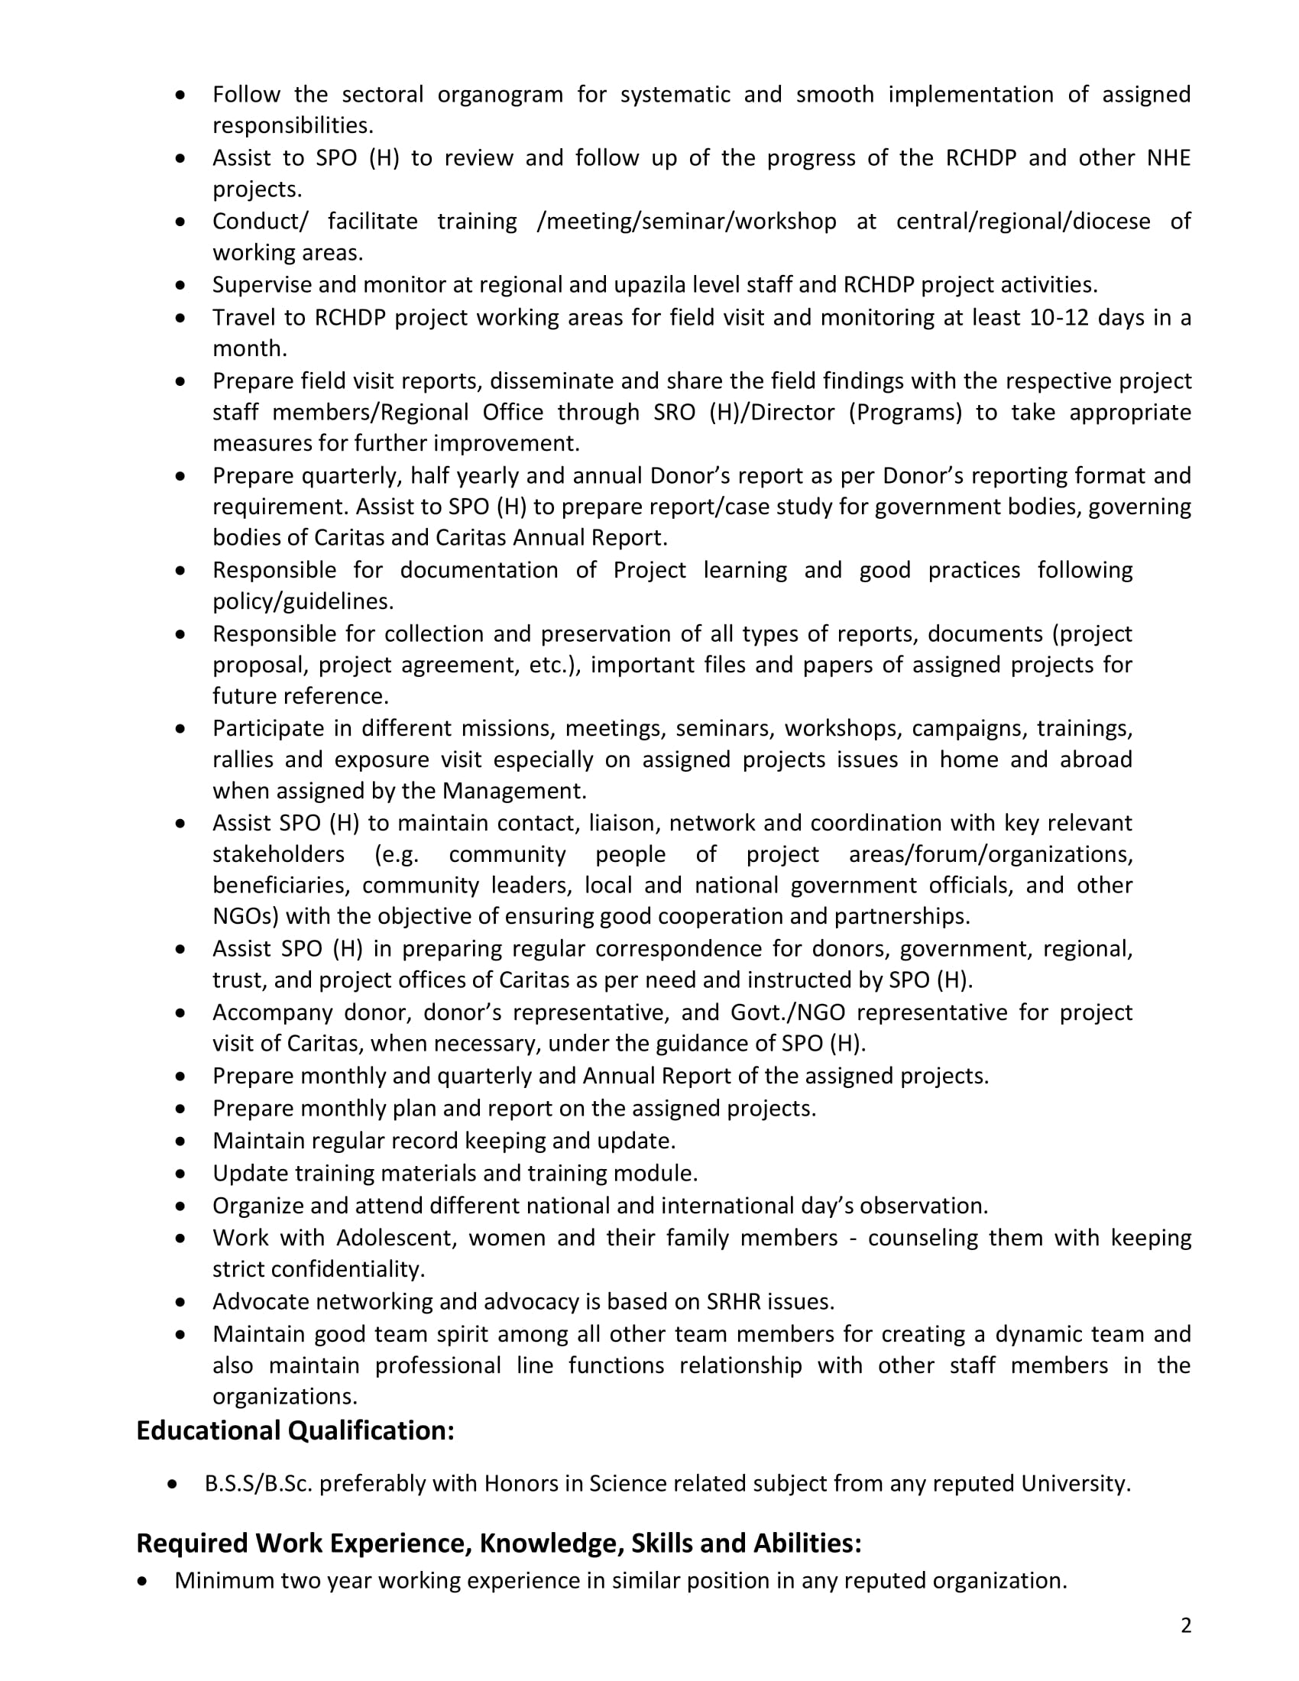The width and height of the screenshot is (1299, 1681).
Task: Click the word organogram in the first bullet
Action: [507, 95]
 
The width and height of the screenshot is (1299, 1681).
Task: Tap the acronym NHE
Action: [1168, 158]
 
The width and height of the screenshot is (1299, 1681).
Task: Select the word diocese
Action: [1111, 222]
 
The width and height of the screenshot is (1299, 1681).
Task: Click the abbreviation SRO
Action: [674, 413]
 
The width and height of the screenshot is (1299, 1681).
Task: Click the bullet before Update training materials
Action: [180, 1174]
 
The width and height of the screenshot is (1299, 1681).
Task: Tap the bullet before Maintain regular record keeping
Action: [180, 1142]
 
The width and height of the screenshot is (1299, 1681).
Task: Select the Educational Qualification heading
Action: [296, 1430]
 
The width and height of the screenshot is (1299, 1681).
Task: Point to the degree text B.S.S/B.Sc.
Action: [258, 1483]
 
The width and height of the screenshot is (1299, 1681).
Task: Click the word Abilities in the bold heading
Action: [806, 1543]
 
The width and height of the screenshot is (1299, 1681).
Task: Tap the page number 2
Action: [1186, 1625]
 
